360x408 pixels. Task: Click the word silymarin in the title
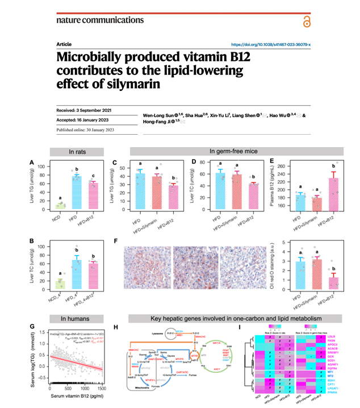pos(119,83)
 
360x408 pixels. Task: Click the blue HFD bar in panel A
pos(73,191)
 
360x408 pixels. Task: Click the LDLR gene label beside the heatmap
pos(331,337)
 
